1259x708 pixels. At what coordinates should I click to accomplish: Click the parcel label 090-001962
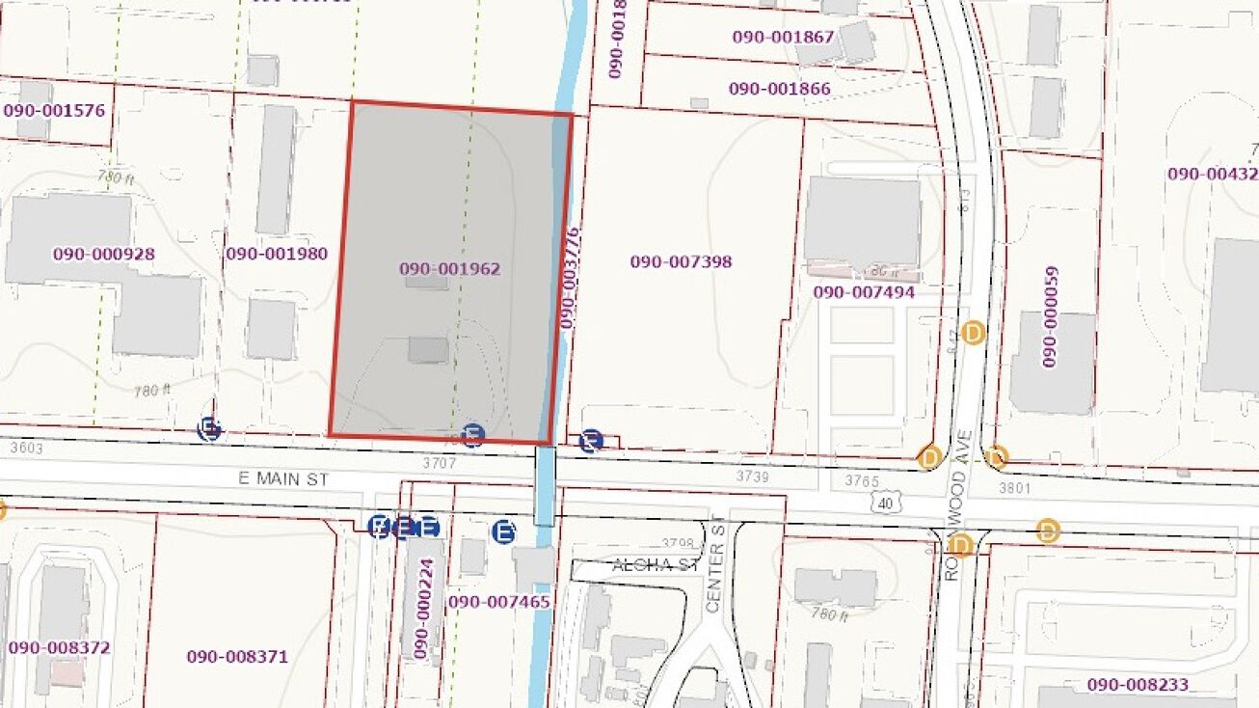coord(450,269)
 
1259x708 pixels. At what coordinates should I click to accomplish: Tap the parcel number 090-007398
coord(681,261)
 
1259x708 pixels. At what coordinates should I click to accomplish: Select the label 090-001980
coord(277,255)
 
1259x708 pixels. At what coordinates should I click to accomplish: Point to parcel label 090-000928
coord(104,255)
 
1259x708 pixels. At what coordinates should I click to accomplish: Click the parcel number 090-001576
coord(54,110)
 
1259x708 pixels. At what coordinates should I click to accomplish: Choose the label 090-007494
coord(864,292)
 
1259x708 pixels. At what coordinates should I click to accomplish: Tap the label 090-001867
coord(783,37)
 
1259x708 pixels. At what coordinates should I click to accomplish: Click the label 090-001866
coord(779,89)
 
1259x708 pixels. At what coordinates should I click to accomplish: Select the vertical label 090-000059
coord(1050,317)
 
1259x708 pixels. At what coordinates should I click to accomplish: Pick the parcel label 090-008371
coord(237,657)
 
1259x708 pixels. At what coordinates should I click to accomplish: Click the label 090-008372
coord(59,647)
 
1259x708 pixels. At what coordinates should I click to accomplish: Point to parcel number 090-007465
coord(499,602)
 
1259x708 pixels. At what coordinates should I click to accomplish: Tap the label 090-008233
coord(1138,684)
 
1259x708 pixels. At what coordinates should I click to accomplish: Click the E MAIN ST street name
coord(285,478)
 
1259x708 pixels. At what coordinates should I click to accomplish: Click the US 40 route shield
coord(885,501)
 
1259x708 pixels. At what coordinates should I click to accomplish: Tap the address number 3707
coord(439,464)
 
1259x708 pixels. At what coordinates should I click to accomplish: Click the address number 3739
coord(753,476)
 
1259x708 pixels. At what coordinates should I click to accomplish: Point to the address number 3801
coord(1014,488)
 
